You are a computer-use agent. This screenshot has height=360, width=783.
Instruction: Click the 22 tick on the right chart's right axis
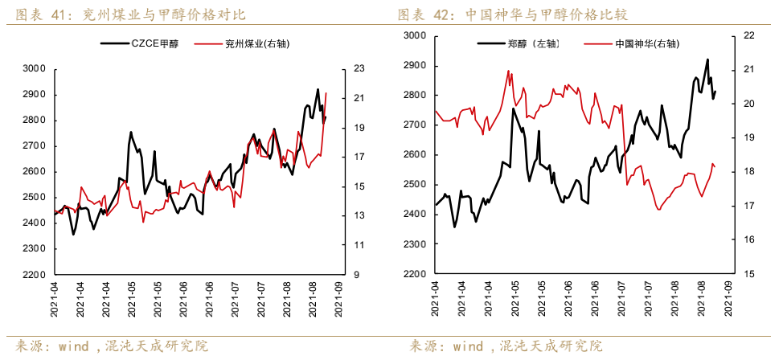[748, 35]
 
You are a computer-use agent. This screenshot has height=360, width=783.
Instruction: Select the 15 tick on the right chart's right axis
[748, 274]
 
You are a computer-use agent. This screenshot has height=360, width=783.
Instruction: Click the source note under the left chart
[113, 346]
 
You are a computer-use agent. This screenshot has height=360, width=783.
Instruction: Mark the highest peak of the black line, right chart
[707, 59]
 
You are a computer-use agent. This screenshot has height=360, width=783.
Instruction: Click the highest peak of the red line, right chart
[508, 71]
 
